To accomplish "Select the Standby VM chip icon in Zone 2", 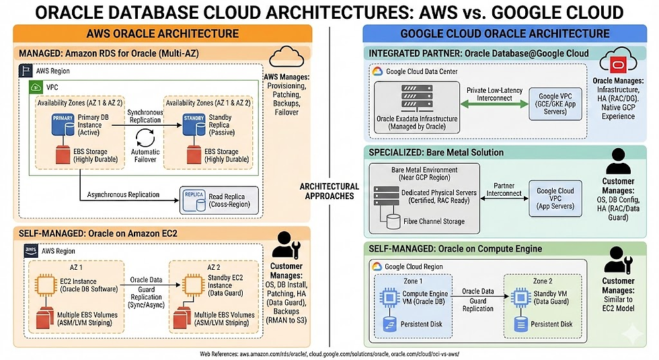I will coord(520,296).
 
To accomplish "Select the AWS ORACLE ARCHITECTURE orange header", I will coord(162,34).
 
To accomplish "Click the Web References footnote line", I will coord(329,353).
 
